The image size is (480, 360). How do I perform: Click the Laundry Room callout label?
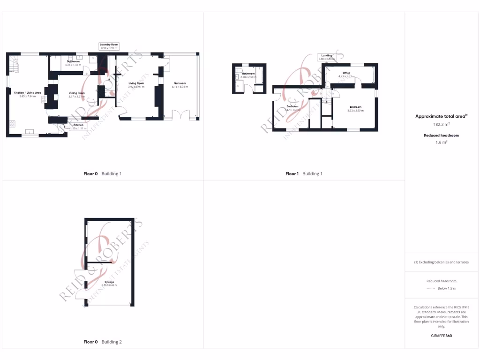pyautogui.click(x=109, y=46)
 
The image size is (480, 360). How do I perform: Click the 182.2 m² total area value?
pyautogui.click(x=442, y=125)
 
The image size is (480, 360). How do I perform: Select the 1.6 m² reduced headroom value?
pyautogui.click(x=442, y=142)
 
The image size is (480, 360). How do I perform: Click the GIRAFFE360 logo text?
pyautogui.click(x=442, y=336)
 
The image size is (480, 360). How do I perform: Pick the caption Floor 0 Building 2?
pyautogui.click(x=103, y=342)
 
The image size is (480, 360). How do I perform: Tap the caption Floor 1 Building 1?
pyautogui.click(x=304, y=174)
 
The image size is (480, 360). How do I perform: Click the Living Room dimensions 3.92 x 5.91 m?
pyautogui.click(x=136, y=87)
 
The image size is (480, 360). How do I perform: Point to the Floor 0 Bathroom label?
pyautogui.click(x=73, y=62)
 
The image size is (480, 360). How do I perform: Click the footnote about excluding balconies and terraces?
pyautogui.click(x=442, y=262)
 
